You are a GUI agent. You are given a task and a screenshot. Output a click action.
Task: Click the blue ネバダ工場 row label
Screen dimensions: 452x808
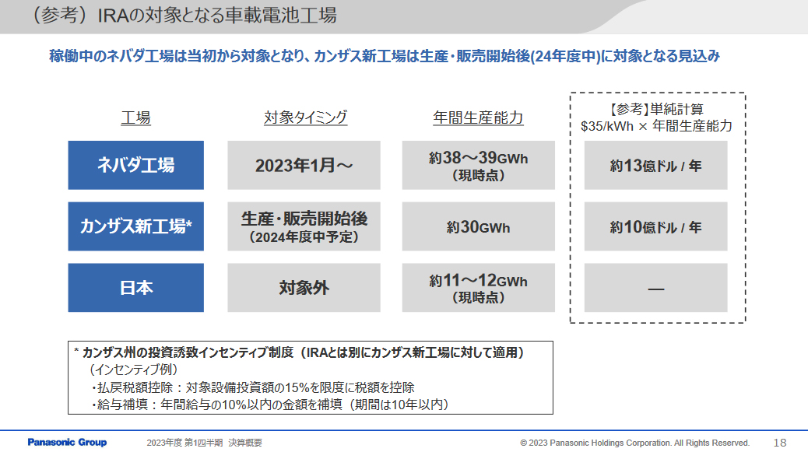tap(135, 165)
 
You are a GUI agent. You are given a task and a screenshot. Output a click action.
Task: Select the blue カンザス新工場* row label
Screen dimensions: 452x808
tap(135, 226)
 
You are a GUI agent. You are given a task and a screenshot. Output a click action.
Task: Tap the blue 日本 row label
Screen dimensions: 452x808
tap(135, 288)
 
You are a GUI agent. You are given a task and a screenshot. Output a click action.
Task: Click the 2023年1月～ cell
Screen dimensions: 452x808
tap(304, 165)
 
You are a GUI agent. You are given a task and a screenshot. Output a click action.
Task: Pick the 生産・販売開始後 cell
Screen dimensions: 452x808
tap(304, 226)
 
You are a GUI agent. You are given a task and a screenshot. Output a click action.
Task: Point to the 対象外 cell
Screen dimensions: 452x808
tap(304, 288)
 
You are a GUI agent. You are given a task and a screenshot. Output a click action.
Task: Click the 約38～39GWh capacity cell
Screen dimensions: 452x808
tap(478, 165)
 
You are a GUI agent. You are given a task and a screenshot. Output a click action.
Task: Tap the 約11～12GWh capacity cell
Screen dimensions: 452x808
tap(478, 288)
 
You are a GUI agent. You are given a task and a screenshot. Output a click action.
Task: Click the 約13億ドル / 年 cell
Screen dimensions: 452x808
tap(655, 166)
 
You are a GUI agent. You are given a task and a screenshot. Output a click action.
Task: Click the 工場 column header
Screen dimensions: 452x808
tap(135, 118)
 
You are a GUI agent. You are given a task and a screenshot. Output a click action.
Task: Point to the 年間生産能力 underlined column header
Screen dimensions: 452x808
tap(478, 118)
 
